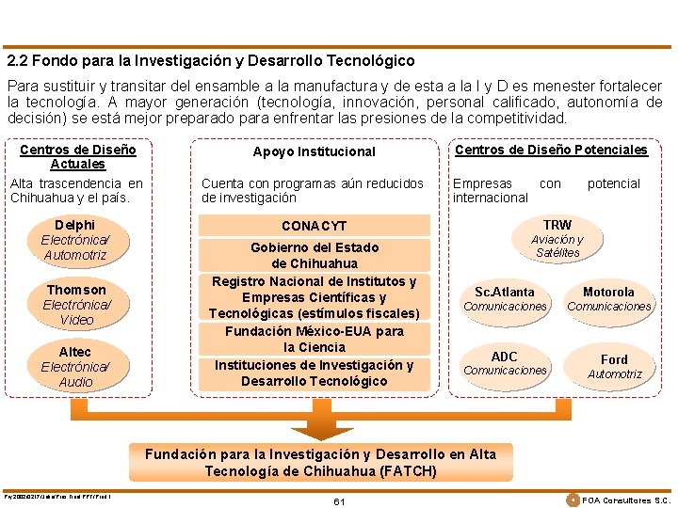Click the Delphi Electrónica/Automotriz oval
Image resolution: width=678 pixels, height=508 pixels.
point(75,240)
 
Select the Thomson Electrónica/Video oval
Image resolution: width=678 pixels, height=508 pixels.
point(76,304)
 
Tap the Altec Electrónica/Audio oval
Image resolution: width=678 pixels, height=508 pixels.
point(75,367)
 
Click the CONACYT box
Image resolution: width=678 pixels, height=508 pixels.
point(314,226)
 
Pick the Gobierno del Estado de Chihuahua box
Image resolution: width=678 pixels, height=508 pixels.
point(314,255)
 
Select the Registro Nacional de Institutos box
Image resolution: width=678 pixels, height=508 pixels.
point(314,297)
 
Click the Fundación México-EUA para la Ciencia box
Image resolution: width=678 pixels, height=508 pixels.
point(314,339)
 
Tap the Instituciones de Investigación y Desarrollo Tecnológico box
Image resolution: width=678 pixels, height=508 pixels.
point(314,373)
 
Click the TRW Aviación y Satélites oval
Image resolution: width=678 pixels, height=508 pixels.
point(557,238)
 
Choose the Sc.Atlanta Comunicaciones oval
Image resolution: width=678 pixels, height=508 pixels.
point(505,298)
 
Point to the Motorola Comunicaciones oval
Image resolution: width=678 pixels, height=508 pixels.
point(608,298)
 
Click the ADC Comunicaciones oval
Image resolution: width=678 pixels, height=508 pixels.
point(505,362)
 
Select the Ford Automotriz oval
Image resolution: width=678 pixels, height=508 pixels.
point(614,366)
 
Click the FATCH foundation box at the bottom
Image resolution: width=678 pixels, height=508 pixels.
point(320,462)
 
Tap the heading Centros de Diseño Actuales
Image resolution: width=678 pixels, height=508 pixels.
point(77,156)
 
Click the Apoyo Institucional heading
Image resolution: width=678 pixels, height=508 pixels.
point(314,151)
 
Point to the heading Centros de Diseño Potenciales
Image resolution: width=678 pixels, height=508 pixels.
point(551,150)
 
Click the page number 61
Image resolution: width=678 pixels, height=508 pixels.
point(339,501)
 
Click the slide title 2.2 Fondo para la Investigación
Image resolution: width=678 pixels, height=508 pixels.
point(211,60)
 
